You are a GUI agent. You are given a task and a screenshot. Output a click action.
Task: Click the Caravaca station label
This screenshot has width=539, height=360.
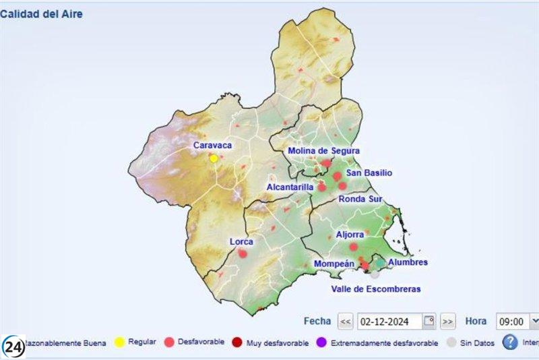coord(212,145)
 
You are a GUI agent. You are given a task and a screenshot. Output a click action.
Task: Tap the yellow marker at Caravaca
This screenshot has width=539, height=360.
coord(214,158)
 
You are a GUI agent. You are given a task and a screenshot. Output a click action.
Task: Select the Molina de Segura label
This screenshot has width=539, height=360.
coord(323,150)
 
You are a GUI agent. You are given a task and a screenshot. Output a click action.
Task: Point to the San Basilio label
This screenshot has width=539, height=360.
coord(369,173)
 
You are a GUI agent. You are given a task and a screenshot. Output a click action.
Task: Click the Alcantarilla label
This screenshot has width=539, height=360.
coord(290,187)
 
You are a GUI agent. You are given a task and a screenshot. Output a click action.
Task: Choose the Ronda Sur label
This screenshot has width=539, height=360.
coord(361,199)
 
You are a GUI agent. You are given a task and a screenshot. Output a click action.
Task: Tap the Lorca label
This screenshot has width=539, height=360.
coord(241,241)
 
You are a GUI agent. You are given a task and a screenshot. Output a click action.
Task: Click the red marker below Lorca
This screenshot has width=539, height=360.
coord(243,253)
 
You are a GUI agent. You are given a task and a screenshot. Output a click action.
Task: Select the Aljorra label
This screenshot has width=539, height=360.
coord(350,235)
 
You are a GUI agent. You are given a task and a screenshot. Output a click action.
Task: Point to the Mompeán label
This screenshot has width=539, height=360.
coord(334,264)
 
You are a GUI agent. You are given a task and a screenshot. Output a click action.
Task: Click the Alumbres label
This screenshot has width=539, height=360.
coord(408,262)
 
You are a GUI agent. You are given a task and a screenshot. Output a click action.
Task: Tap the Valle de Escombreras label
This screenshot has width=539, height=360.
coord(375,289)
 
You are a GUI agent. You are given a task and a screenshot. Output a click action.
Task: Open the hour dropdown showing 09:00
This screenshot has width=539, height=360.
coord(518,322)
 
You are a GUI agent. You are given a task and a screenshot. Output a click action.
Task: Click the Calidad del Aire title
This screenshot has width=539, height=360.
coord(42,13)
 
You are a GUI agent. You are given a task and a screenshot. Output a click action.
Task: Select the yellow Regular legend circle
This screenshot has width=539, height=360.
coord(119,343)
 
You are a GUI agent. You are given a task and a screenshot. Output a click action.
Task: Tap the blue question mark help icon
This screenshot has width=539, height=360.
coord(511,342)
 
